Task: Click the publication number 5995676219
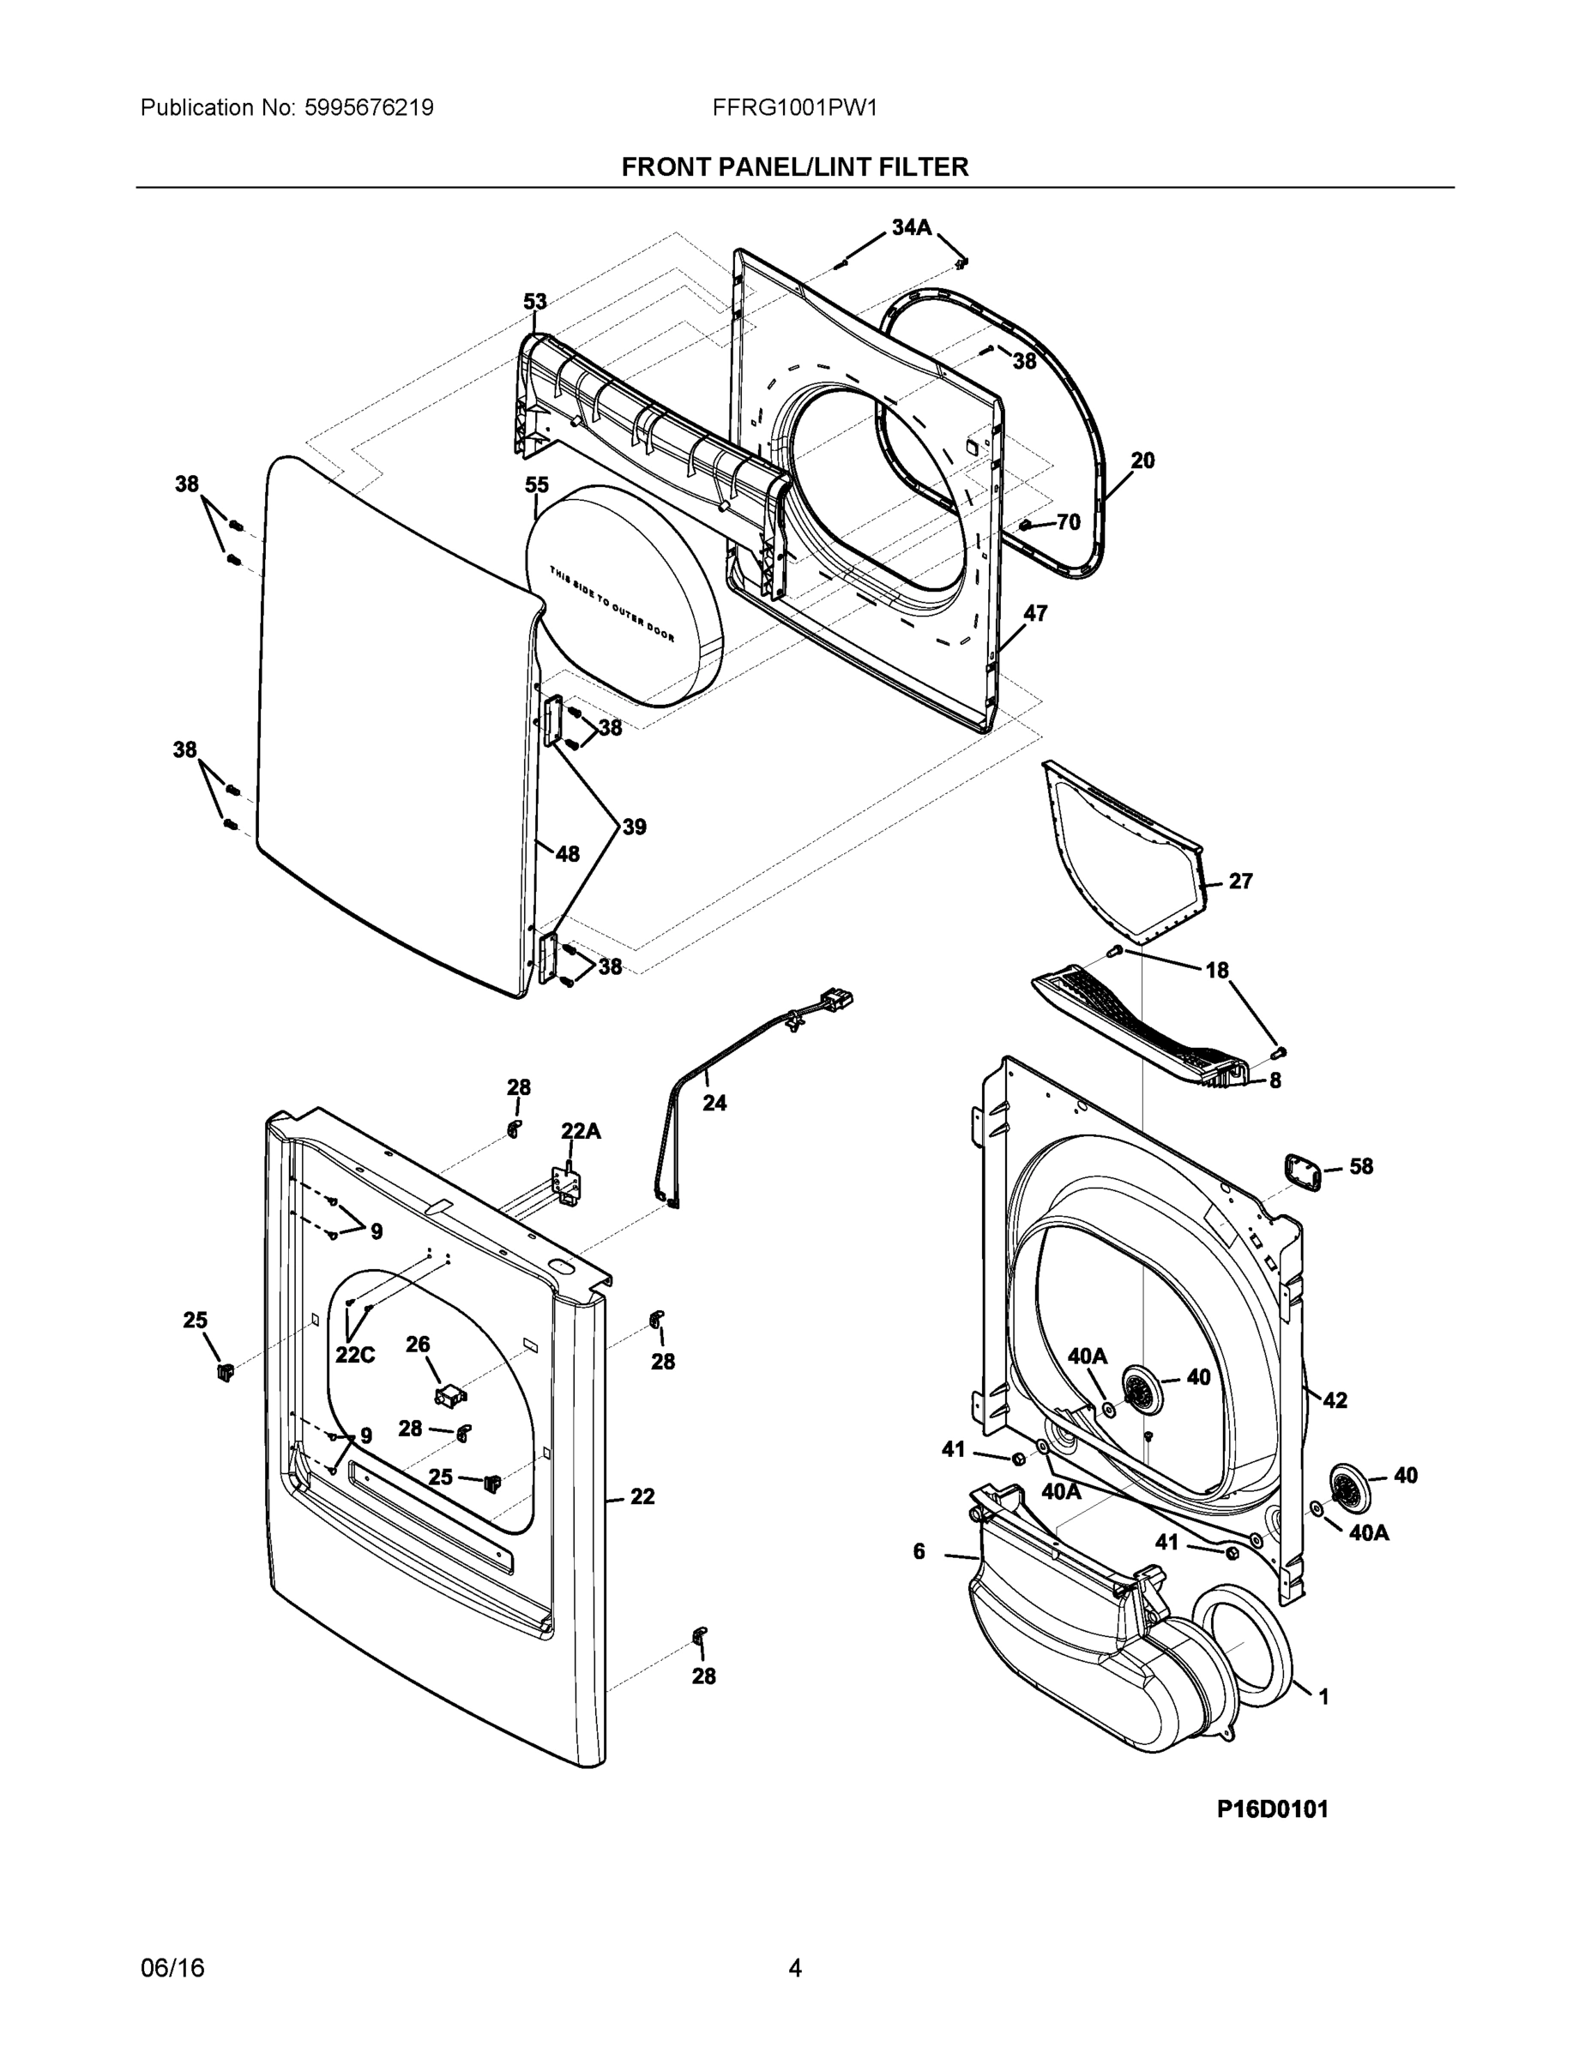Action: coord(369,108)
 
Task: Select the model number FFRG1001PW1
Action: coord(794,108)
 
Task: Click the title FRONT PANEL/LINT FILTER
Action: coord(794,168)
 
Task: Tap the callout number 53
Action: coord(535,302)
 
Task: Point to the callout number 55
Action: coord(536,484)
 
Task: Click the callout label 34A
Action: coord(911,227)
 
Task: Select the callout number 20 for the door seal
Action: coord(1142,460)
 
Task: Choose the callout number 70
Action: coord(1068,522)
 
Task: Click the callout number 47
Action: coord(1035,613)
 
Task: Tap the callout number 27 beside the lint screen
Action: coord(1240,881)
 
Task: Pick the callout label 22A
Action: coord(581,1131)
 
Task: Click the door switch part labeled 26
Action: coord(451,1395)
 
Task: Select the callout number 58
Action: coord(1361,1166)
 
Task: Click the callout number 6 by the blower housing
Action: coord(919,1551)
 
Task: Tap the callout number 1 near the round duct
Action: coord(1323,1697)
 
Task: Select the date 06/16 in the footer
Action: coord(172,1969)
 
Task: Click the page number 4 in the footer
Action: coord(794,1969)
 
